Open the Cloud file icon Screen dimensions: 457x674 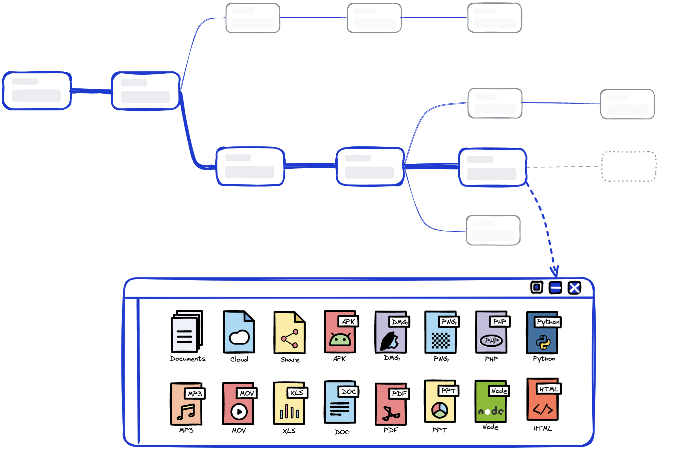[x=239, y=332]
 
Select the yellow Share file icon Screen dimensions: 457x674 [x=289, y=333]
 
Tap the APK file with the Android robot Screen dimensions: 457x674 [x=340, y=332]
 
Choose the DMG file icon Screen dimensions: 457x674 [x=391, y=332]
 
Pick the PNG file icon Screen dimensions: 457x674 [x=441, y=333]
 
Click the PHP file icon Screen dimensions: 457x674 [x=491, y=333]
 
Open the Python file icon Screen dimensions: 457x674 [x=543, y=333]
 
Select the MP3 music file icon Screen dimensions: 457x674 [x=186, y=404]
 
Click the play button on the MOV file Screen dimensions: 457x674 [x=239, y=411]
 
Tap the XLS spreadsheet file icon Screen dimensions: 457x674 [x=289, y=404]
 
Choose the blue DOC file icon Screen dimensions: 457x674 [x=340, y=403]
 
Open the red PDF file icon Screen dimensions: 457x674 [x=391, y=404]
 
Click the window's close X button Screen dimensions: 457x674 [x=574, y=288]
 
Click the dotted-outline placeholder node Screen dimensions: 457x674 [x=629, y=166]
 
